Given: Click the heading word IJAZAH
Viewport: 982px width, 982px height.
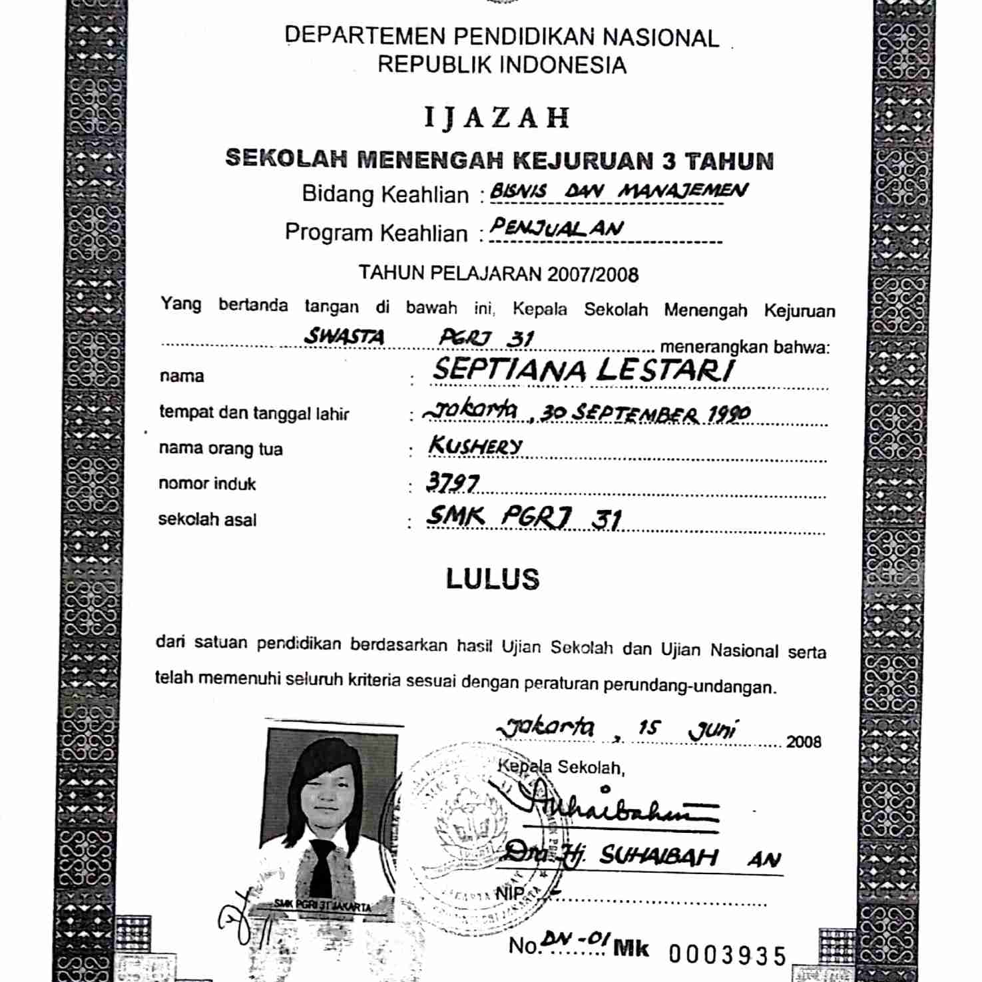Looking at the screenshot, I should coord(497,118).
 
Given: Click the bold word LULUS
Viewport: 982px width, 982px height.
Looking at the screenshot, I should coord(493,579).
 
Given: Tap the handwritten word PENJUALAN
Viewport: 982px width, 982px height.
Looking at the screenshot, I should coord(557,228).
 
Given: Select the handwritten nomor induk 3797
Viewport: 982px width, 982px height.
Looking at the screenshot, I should coord(453,482).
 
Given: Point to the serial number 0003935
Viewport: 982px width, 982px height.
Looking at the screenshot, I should coord(728,956).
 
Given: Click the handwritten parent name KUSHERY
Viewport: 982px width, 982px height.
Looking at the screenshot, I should coord(475,446).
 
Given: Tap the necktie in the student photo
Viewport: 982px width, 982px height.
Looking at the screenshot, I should coord(322,865).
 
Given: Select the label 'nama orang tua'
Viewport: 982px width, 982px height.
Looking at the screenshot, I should coord(220,449).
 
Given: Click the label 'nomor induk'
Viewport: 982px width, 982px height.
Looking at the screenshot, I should coord(207,484).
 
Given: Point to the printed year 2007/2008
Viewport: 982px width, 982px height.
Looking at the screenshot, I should coord(593,274).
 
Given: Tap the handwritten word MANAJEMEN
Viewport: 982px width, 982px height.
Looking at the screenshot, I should coord(682,191).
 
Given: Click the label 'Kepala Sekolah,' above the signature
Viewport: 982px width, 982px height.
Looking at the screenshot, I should coord(561,767).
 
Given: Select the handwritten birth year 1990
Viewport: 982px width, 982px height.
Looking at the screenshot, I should coord(728,414).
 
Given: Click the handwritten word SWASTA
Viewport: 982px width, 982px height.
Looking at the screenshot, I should coord(344,336).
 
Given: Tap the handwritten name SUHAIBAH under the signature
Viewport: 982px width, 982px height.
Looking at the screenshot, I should coord(658,856).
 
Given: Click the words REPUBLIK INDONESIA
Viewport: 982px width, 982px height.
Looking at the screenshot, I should coord(502,65).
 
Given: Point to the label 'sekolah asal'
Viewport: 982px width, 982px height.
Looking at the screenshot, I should coord(207,519).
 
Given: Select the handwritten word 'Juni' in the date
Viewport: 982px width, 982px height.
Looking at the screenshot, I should coord(712,730).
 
